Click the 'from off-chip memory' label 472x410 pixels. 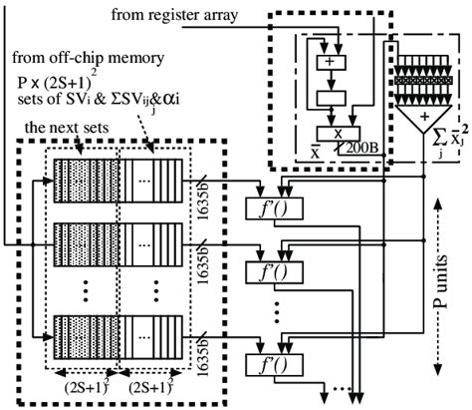(75, 54)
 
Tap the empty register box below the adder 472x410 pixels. (330, 98)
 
